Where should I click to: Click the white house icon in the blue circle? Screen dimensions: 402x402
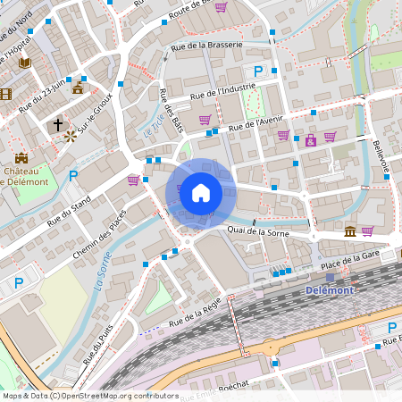click(201, 192)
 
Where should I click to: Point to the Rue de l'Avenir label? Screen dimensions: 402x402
click(256, 122)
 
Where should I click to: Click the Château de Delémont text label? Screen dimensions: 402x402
click(27, 176)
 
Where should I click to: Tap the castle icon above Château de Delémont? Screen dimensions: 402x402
click(20, 158)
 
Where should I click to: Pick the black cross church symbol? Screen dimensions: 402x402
click(59, 123)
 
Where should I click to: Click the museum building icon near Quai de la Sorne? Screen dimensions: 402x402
click(348, 231)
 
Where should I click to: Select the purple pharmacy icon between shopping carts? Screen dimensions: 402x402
click(310, 140)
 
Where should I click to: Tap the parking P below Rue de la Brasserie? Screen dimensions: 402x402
click(258, 71)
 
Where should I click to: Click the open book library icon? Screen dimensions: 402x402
click(25, 63)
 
